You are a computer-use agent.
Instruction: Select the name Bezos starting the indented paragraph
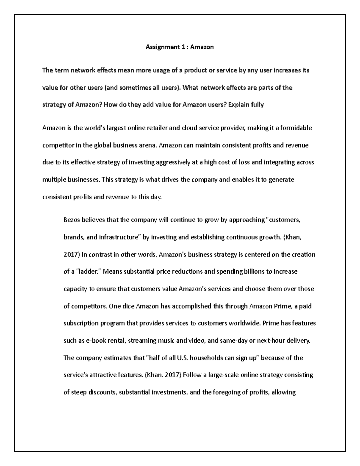coord(72,220)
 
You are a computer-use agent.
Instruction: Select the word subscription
coord(81,324)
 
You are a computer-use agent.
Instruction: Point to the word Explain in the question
coord(238,105)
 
